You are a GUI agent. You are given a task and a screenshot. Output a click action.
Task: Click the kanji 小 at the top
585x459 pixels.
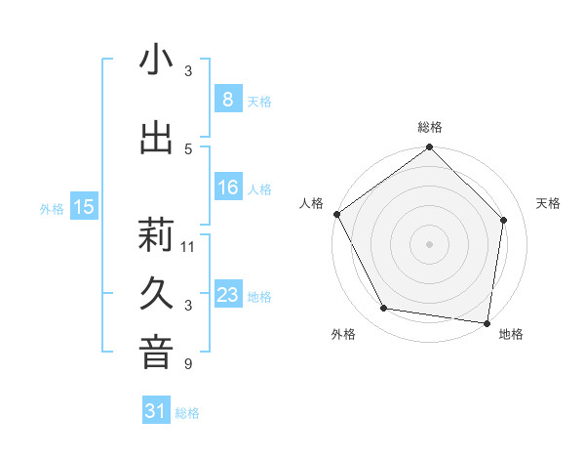156,61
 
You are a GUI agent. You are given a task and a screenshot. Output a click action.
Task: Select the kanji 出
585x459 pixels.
156,138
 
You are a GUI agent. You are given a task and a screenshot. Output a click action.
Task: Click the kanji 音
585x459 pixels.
156,354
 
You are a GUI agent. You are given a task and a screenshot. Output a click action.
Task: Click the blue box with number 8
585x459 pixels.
227,99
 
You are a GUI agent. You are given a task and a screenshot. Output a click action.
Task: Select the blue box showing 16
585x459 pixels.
227,188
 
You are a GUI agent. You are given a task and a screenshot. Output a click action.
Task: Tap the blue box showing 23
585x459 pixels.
227,295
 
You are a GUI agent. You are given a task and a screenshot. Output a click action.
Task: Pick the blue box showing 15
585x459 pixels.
84,206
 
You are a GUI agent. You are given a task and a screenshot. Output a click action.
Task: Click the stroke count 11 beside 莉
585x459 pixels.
188,246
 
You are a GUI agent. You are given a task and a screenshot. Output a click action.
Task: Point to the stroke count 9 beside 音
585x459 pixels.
188,364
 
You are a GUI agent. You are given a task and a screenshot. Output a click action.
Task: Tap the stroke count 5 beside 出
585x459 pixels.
188,148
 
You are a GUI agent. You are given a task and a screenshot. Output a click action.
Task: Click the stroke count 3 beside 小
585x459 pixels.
188,71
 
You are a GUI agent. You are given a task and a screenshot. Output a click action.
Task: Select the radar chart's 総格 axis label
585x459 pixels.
429,127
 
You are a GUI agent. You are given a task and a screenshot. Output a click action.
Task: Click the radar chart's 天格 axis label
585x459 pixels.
548,203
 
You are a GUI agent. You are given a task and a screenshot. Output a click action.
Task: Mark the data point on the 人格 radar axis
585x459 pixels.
336,214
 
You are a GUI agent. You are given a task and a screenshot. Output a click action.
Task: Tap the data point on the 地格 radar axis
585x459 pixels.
487,322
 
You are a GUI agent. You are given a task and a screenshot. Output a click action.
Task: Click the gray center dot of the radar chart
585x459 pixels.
429,243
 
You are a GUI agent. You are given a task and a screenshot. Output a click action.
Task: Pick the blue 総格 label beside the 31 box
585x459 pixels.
187,413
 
